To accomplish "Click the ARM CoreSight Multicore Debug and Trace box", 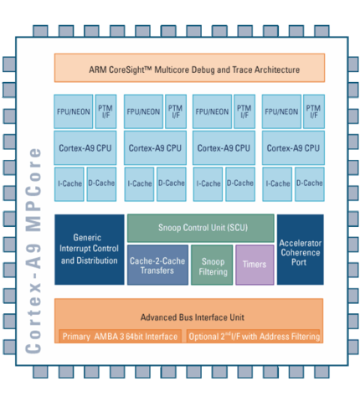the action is (x=189, y=68).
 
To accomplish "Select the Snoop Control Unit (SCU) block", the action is (x=201, y=228).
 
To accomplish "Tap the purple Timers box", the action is (x=255, y=265).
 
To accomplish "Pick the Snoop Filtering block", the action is (x=212, y=265).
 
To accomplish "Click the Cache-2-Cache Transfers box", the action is (x=157, y=265).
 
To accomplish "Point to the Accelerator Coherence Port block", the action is (x=301, y=250).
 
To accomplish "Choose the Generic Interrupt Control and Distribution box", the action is (x=90, y=250).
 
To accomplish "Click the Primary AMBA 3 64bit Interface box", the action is (x=121, y=336).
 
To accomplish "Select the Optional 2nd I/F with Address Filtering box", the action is (x=254, y=336).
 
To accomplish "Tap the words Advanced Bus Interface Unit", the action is (x=193, y=317).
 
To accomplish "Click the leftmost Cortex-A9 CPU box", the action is (x=85, y=148).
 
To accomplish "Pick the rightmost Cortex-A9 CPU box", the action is (x=293, y=148).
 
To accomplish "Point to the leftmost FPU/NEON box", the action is (x=74, y=111).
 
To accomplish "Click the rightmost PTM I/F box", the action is (x=314, y=111).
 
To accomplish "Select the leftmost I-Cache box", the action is (x=69, y=184).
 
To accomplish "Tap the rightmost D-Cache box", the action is (x=310, y=184).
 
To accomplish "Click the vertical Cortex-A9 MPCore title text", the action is (x=33, y=250).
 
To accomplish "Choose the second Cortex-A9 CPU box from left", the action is (x=155, y=148).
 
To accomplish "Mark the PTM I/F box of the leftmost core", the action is (x=105, y=111).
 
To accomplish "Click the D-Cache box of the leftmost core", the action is (x=101, y=184).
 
